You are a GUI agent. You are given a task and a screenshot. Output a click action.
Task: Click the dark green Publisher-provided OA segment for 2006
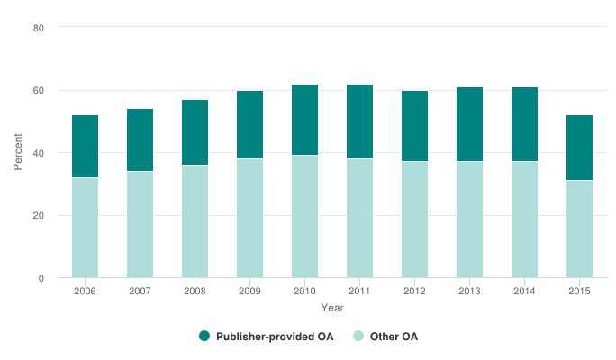pos(85,147)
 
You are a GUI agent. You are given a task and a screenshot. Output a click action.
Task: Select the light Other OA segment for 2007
pos(140,225)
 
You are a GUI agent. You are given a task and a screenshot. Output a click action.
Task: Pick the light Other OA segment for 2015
pos(579,229)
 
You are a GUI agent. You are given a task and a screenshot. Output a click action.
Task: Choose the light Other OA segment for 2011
pos(359,219)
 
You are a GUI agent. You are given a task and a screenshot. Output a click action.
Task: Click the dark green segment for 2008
pos(195,132)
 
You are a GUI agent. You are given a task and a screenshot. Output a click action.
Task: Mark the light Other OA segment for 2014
pos(524,220)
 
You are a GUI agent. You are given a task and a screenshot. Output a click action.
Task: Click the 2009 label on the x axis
pos(249,291)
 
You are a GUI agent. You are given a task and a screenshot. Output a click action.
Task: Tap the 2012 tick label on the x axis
pos(414,291)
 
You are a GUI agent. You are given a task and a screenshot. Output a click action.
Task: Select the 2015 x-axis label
pos(579,291)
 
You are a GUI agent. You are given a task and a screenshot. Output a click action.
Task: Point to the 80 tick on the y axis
pos(39,28)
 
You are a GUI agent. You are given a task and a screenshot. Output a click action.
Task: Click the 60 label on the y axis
pos(39,91)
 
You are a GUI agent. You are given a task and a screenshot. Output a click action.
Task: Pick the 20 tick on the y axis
pos(39,216)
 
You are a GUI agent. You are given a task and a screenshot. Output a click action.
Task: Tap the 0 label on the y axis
pos(41,278)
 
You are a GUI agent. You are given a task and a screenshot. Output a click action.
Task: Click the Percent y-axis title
pos(18,153)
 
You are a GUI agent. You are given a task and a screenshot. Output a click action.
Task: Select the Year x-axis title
pos(332,308)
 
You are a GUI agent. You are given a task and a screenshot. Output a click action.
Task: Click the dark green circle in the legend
pos(204,337)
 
